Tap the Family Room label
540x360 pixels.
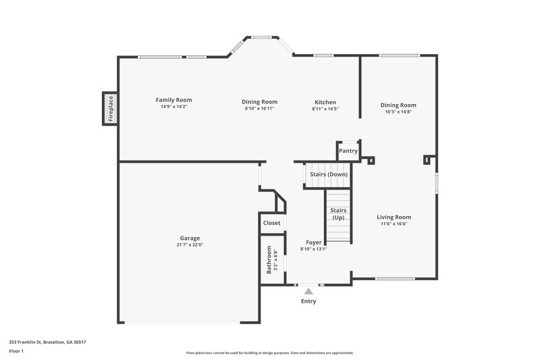pyautogui.click(x=174, y=100)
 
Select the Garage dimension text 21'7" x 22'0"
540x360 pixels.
pyautogui.click(x=190, y=245)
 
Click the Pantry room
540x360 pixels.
pyautogui.click(x=348, y=151)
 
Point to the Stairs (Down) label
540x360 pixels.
pyautogui.click(x=329, y=174)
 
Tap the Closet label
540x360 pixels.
pyautogui.click(x=271, y=223)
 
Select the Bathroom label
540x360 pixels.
pyautogui.click(x=269, y=259)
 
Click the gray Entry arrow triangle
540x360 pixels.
pyautogui.click(x=308, y=291)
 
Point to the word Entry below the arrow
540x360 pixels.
pyautogui.click(x=308, y=301)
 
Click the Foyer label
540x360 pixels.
pyautogui.click(x=313, y=242)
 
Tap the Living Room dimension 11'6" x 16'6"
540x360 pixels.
pyautogui.click(x=394, y=224)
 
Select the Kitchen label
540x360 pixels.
pyautogui.click(x=325, y=102)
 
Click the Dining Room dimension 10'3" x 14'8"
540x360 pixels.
pyautogui.click(x=398, y=111)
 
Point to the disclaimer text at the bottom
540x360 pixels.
pyautogui.click(x=270, y=353)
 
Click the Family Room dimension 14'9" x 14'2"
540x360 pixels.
pyautogui.click(x=174, y=107)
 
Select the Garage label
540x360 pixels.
pyautogui.click(x=190, y=238)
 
